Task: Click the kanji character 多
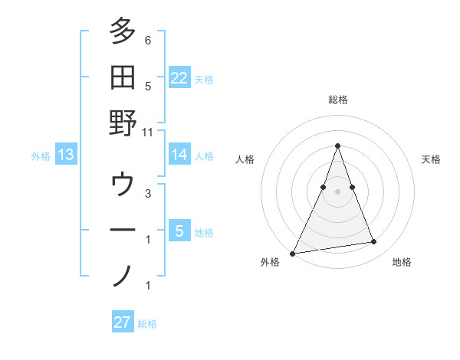tap(123, 31)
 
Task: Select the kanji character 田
tap(123, 77)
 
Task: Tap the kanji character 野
tap(123, 123)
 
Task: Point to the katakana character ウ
tap(123, 184)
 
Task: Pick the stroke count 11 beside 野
tap(149, 132)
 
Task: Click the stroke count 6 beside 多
tap(148, 41)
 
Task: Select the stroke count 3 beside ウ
tap(148, 193)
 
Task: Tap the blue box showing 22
tap(179, 78)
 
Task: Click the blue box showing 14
tap(179, 155)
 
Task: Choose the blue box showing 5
tap(179, 231)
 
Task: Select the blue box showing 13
tap(66, 155)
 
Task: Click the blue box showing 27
tap(123, 322)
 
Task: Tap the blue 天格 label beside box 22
tap(204, 80)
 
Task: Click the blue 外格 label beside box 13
tap(41, 156)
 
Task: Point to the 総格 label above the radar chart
tap(337, 100)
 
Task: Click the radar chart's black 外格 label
tap(271, 262)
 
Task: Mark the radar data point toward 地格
tap(374, 242)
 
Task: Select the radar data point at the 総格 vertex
tap(337, 146)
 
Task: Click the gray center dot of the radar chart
tap(337, 191)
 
